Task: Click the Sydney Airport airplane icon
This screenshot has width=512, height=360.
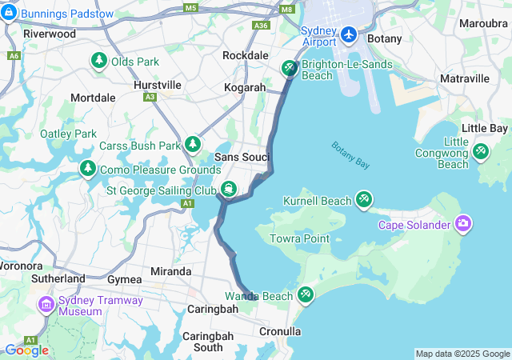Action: tap(349, 34)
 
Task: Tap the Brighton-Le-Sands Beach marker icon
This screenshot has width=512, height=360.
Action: tap(289, 69)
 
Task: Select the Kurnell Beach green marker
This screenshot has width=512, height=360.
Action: tap(364, 199)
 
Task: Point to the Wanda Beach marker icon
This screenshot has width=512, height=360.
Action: tap(305, 295)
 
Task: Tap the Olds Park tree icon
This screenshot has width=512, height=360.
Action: tap(99, 60)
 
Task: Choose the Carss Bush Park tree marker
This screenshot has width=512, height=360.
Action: tap(193, 144)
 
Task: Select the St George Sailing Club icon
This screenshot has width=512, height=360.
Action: tap(229, 190)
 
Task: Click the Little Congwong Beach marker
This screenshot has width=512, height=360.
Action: tap(481, 150)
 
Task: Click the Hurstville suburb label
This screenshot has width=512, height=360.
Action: tap(158, 84)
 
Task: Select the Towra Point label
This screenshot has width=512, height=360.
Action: tap(301, 238)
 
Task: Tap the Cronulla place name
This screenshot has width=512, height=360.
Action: tap(280, 330)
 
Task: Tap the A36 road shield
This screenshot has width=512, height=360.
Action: tap(261, 26)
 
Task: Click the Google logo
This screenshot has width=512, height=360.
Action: tap(26, 350)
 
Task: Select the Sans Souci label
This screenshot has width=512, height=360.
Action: tap(242, 157)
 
